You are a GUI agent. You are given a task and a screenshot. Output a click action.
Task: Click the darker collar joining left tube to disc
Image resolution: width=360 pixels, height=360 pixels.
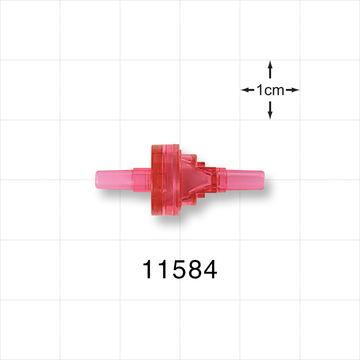coord(141,179)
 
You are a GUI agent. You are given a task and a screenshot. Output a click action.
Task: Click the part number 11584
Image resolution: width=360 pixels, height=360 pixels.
coord(180,270)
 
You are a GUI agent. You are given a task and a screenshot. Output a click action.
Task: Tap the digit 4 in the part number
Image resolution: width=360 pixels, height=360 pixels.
coord(209,270)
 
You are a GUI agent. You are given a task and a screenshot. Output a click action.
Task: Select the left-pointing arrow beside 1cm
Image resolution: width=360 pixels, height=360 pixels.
coord(247,90)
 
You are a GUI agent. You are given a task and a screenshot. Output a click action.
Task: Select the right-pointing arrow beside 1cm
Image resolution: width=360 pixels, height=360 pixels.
coord(293,90)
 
